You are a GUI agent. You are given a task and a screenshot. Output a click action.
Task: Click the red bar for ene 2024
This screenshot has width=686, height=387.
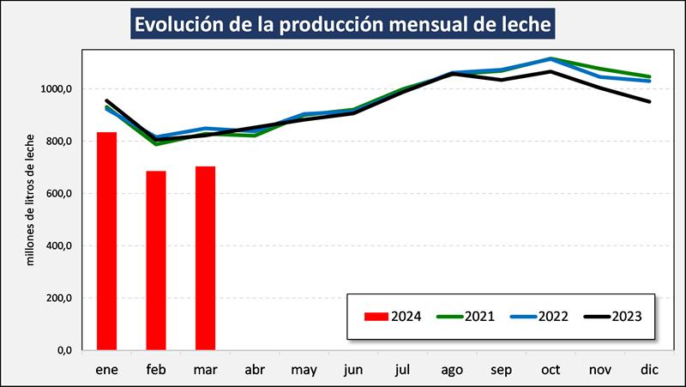click(x=106, y=241)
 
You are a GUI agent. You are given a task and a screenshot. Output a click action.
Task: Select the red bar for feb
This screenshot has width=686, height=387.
click(x=156, y=260)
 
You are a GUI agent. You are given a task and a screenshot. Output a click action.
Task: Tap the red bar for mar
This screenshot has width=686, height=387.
click(x=206, y=257)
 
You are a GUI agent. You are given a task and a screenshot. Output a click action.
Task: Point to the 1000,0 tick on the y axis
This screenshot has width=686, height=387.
click(x=57, y=89)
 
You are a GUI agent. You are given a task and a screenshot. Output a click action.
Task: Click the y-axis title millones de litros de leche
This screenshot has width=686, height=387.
click(x=31, y=198)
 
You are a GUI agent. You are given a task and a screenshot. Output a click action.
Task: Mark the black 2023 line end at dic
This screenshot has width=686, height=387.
click(x=649, y=101)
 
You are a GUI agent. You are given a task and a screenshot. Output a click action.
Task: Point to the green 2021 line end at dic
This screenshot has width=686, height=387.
click(x=649, y=76)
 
